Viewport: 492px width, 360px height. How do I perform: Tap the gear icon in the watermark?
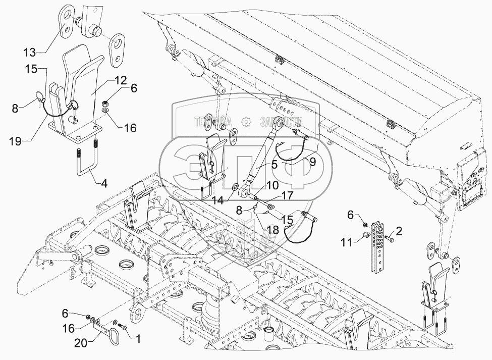pyautogui.click(x=246, y=122)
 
